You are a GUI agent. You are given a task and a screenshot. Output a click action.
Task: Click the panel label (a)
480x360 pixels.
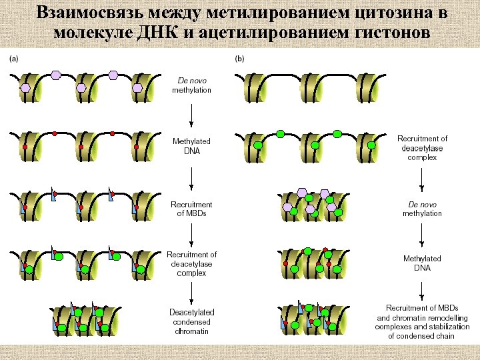[13, 59]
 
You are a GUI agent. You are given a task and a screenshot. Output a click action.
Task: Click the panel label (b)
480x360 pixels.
[240, 59]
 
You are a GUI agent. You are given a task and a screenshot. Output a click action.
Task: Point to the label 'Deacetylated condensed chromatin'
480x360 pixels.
[192, 321]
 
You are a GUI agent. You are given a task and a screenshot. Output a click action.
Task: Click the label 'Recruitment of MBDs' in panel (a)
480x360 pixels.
[192, 209]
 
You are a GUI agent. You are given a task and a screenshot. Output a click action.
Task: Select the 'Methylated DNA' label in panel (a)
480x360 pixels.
[191, 146]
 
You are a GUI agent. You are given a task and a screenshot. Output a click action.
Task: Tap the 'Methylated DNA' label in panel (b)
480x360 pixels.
[422, 263]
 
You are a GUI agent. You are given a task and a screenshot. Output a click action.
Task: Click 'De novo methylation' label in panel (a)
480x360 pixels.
[191, 85]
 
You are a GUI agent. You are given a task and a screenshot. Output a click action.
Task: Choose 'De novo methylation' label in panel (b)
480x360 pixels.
[422, 209]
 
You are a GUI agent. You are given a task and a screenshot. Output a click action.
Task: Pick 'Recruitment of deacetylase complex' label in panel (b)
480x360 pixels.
[422, 148]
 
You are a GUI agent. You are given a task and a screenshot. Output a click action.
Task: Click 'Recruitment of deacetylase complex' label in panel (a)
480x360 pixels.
[192, 264]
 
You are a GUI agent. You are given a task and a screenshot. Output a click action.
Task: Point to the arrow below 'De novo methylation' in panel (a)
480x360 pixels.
[192, 116]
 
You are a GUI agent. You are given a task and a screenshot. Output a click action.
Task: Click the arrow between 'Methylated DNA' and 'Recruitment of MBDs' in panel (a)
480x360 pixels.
[192, 177]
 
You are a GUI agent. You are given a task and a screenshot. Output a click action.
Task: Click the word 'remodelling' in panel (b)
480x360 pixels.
[447, 317]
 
